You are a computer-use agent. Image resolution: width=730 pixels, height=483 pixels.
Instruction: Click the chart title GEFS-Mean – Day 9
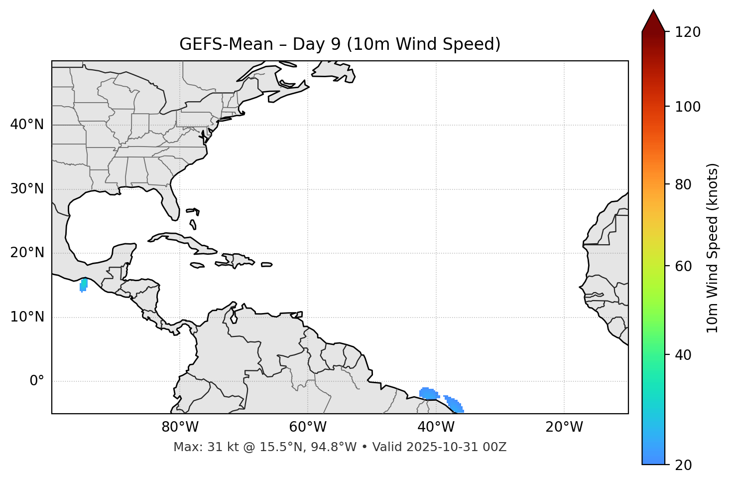click(340, 44)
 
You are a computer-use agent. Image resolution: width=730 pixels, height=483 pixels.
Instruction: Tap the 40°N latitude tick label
click(27, 125)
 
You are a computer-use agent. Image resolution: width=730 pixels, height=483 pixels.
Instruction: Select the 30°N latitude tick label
click(27, 189)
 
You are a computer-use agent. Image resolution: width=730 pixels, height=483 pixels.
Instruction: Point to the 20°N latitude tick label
click(27, 253)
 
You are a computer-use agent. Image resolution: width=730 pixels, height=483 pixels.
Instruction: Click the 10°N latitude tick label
click(27, 317)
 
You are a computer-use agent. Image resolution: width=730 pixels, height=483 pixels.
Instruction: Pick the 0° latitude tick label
click(37, 381)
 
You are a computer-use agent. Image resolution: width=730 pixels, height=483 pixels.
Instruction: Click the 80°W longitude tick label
click(180, 427)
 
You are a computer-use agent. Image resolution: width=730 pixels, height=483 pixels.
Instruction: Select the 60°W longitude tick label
click(308, 427)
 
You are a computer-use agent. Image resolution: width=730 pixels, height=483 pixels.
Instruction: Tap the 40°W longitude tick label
click(436, 427)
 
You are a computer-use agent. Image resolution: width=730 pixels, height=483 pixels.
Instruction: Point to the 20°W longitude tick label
click(564, 427)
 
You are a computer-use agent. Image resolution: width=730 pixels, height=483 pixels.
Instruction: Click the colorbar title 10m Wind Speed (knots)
click(713, 248)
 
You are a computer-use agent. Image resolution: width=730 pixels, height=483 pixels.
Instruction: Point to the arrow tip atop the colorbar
click(653, 11)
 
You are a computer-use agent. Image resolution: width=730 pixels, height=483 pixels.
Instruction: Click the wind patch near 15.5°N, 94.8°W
click(84, 285)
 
